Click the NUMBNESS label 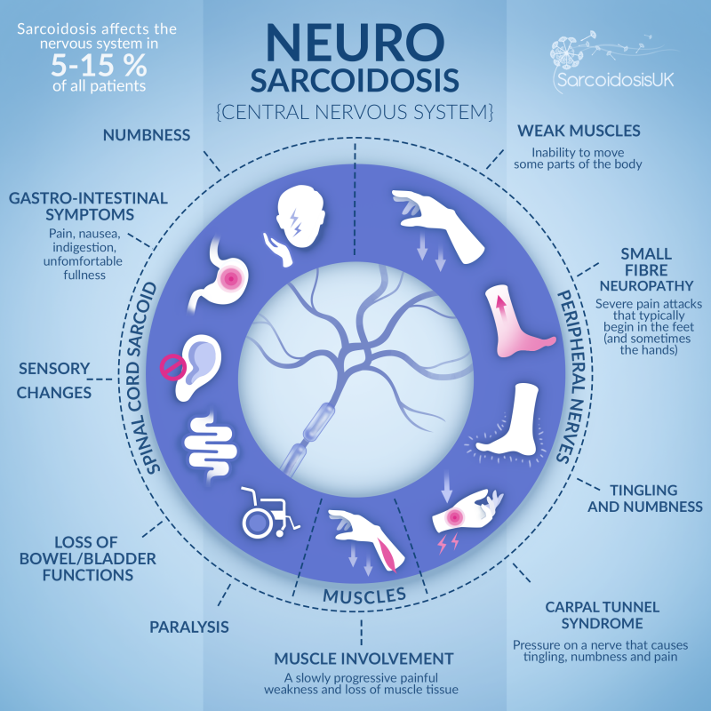[x=148, y=136]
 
